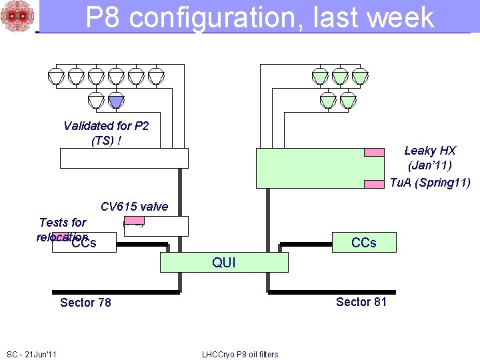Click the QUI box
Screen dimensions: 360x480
click(x=224, y=262)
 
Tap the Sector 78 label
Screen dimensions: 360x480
click(x=85, y=303)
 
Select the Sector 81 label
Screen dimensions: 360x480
click(x=361, y=302)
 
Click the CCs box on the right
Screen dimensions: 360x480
click(x=363, y=242)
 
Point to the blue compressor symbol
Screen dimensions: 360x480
click(x=116, y=101)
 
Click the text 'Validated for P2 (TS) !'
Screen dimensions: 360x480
click(x=106, y=133)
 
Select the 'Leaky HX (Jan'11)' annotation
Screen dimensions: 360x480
click(x=430, y=158)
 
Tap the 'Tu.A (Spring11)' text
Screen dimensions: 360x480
click(x=430, y=183)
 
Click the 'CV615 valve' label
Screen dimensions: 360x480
click(x=134, y=207)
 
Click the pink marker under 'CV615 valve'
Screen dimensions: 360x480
click(x=134, y=221)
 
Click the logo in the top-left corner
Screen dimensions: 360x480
click(x=17, y=17)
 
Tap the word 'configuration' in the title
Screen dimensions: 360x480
click(x=215, y=17)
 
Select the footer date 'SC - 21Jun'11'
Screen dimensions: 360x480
click(x=31, y=353)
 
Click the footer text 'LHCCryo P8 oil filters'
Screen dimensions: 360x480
click(x=240, y=354)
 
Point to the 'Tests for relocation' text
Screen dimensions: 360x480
click(x=63, y=229)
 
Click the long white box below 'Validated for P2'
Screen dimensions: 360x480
click(x=124, y=158)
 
